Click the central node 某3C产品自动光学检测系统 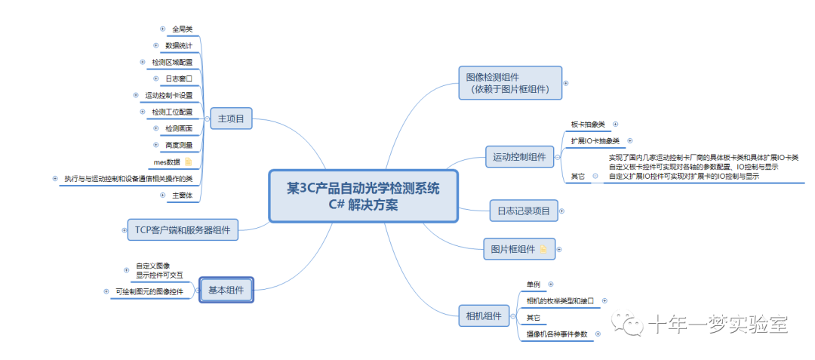tap(363, 195)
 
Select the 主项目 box tap(231, 118)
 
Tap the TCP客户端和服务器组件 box tap(182, 229)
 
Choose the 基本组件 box tap(226, 291)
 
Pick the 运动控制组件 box tap(519, 158)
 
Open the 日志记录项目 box tap(523, 211)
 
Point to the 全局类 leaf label tap(182, 29)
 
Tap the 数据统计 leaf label tap(178, 45)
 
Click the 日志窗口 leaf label tap(179, 78)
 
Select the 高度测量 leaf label tap(178, 145)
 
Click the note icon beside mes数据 tap(188, 162)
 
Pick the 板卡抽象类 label tap(588, 124)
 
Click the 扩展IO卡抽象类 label tap(595, 141)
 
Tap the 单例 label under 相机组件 tap(534, 285)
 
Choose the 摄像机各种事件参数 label tap(557, 334)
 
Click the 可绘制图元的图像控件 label tap(155, 291)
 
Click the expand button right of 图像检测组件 tap(566, 83)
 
